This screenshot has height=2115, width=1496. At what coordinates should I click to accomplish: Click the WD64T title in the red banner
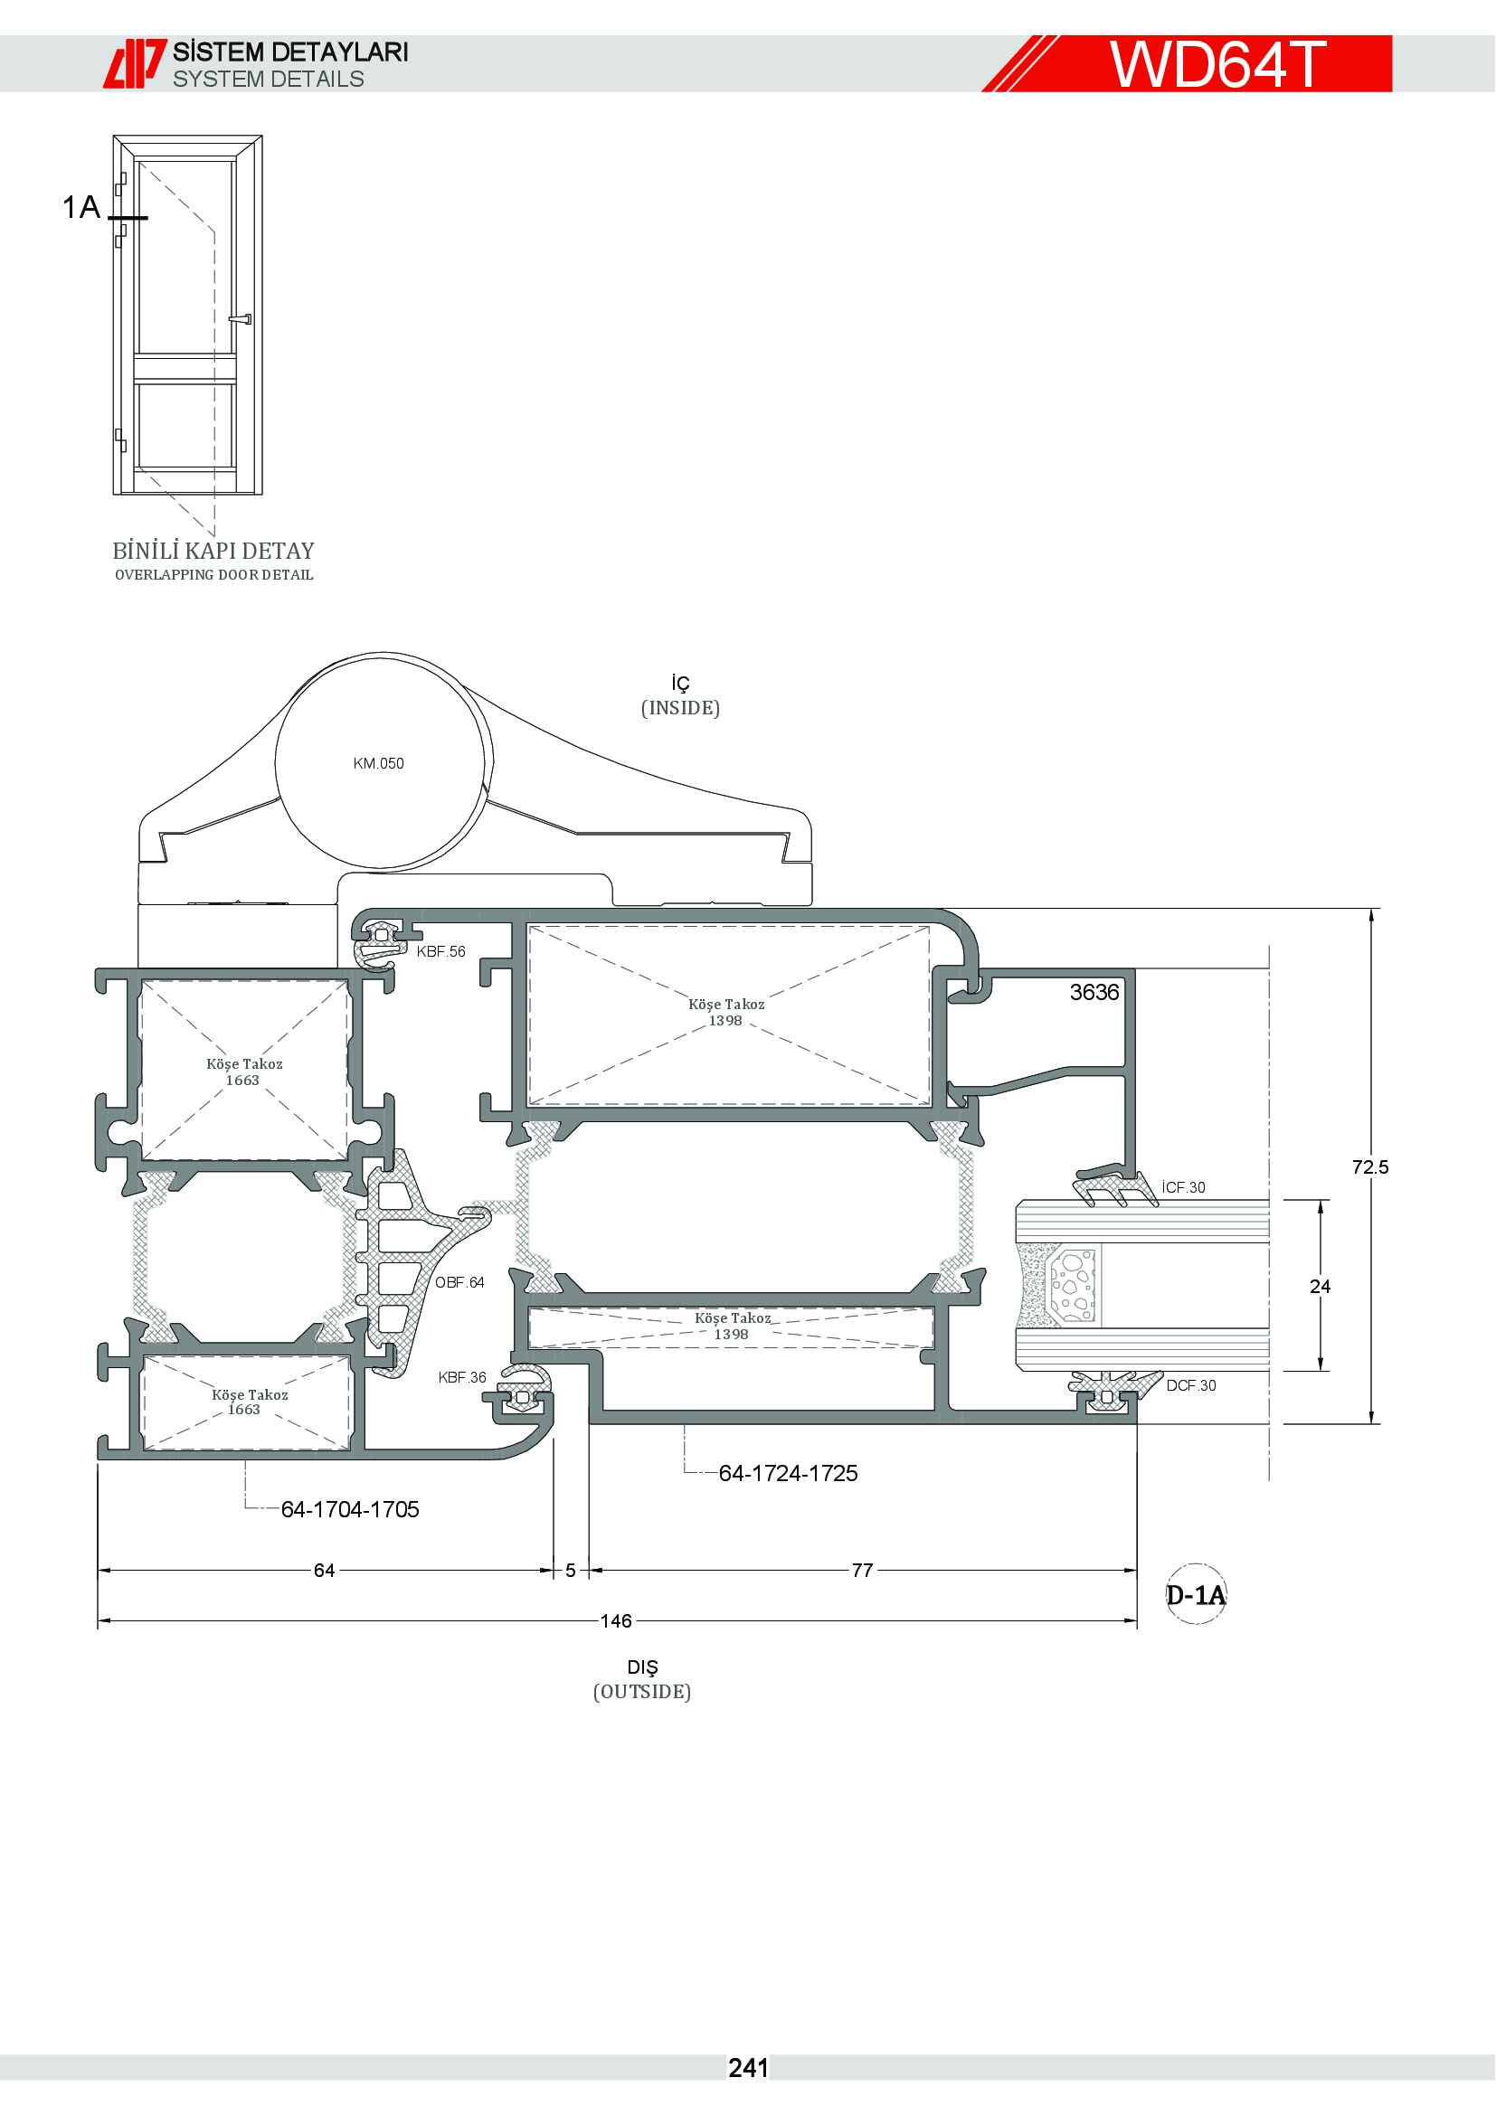pos(1217,63)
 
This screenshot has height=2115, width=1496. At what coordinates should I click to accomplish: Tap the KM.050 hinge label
pos(379,763)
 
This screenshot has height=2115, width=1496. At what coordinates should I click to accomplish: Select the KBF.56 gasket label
pos(441,951)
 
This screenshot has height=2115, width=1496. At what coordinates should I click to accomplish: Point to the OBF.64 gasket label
pos(459,1282)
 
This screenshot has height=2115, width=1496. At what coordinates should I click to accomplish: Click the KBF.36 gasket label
pos(462,1377)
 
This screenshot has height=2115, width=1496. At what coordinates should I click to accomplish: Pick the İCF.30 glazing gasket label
pos(1184,1187)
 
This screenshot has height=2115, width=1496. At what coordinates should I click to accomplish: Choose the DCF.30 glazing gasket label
pos(1191,1385)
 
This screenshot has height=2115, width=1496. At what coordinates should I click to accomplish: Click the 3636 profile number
pos(1094,992)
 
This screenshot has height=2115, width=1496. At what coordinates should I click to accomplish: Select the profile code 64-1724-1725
pos(789,1473)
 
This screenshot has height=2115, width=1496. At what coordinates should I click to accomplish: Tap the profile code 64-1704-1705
pos(350,1509)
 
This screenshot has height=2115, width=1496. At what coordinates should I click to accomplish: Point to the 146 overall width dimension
pos(616,1620)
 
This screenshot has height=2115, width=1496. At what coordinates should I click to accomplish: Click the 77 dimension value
pos(862,1570)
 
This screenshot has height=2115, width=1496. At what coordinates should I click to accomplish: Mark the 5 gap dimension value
pos(570,1570)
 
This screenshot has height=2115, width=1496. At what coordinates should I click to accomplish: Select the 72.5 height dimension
pos(1369,1167)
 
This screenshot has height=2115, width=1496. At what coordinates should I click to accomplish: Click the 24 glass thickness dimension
pos(1320,1286)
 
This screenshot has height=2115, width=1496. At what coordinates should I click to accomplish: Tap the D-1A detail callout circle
pos(1197,1594)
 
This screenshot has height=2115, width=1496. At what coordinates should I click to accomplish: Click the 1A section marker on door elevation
pos(81,207)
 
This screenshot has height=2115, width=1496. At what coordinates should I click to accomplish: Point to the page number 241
pos(748,2068)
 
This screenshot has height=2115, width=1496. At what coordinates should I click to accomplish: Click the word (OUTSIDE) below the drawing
pos(642,1691)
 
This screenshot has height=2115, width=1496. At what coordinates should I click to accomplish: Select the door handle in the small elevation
pos(240,319)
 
